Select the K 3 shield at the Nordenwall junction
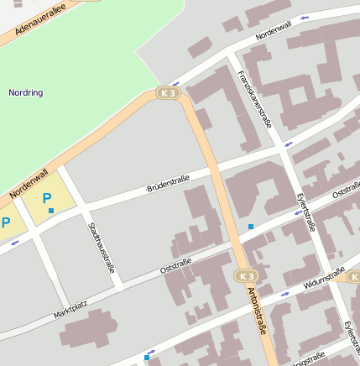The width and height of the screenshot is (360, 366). click(x=168, y=93)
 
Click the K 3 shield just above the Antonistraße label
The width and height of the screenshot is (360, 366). click(x=246, y=276)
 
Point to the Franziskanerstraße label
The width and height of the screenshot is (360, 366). click(x=254, y=98)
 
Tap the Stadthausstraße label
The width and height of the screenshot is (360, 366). click(x=100, y=248)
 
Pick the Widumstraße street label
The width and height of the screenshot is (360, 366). click(x=324, y=278)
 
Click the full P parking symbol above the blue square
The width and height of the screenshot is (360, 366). click(x=47, y=198)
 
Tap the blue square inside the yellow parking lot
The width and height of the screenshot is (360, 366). click(x=51, y=210)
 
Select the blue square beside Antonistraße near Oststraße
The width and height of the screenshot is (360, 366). click(x=251, y=227)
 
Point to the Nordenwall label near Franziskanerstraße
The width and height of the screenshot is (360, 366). click(x=275, y=33)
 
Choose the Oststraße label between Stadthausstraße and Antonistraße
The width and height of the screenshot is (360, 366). click(x=175, y=266)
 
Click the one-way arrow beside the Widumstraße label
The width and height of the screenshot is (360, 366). click(x=285, y=295)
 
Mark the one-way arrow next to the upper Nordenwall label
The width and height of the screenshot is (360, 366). click(x=303, y=17)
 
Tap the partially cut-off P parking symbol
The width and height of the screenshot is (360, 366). click(x=5, y=223)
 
